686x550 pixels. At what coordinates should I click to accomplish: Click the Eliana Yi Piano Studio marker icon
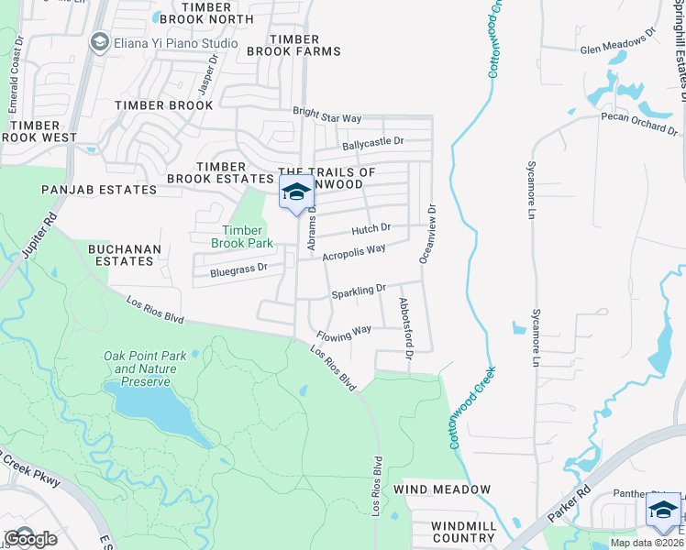(99, 41)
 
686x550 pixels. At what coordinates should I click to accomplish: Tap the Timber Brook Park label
(242, 236)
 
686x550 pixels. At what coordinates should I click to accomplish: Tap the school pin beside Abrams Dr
(295, 193)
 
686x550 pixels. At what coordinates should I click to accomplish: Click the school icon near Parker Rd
(663, 511)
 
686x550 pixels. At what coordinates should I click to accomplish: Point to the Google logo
(29, 538)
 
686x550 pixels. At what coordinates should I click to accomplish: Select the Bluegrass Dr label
(238, 269)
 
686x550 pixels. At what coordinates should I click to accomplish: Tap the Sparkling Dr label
(360, 291)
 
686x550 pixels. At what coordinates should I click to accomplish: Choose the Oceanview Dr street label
(427, 234)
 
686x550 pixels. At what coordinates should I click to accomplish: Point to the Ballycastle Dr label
(372, 142)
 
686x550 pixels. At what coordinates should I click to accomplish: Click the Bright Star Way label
(327, 116)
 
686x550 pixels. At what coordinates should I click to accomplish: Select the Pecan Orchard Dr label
(639, 123)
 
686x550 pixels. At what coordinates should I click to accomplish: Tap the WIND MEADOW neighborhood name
(442, 489)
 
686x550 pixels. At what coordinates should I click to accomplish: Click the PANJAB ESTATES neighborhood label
(99, 190)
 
